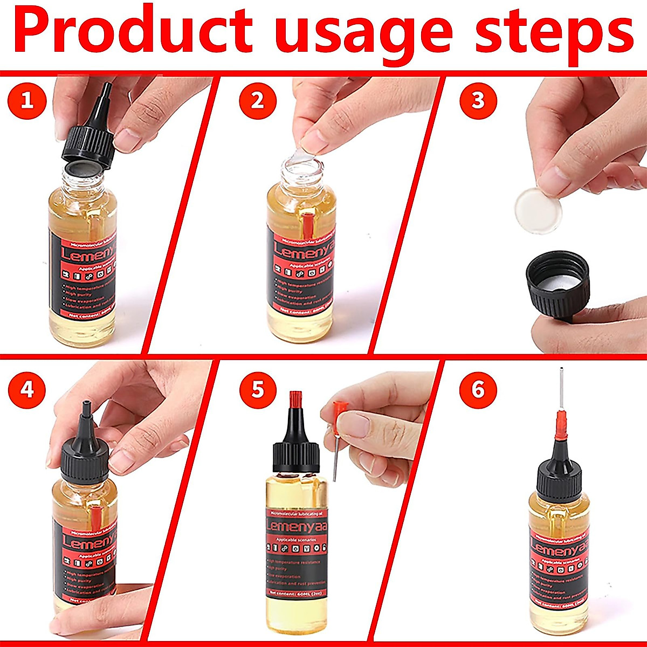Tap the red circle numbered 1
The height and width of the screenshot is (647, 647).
click(x=27, y=101)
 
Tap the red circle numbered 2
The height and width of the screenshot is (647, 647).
click(x=258, y=101)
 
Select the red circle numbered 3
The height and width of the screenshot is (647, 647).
click(x=478, y=101)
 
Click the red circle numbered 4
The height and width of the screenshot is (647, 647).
click(x=27, y=389)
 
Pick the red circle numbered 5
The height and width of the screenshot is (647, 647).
click(x=258, y=389)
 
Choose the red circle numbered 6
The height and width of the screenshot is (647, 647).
click(x=478, y=389)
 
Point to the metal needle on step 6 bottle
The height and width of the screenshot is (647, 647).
click(x=561, y=394)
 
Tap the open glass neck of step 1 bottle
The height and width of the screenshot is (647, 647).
click(x=84, y=175)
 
